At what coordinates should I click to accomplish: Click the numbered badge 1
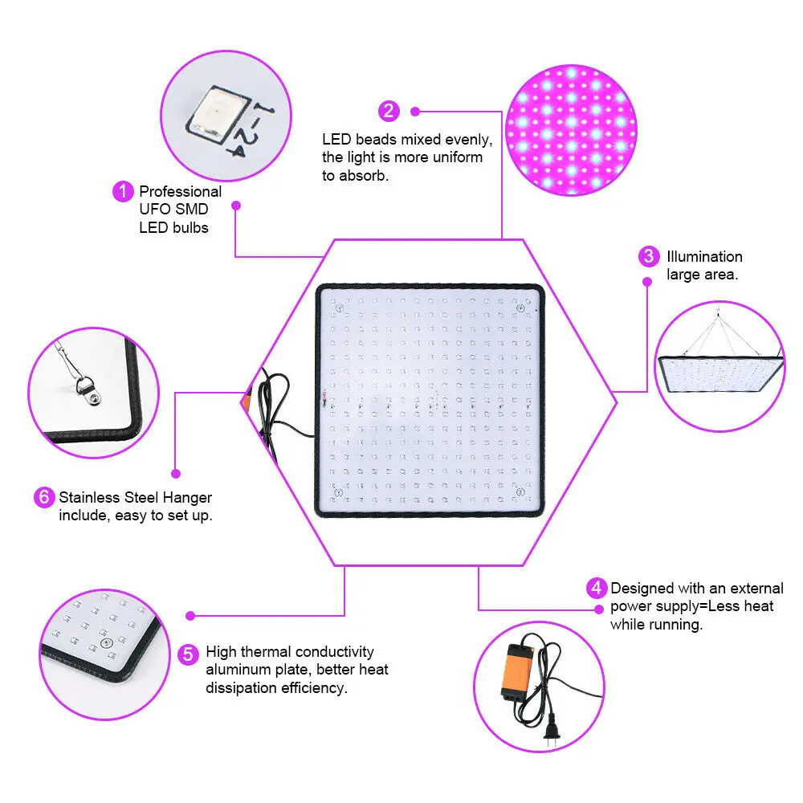122,192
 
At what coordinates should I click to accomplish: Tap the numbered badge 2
389,111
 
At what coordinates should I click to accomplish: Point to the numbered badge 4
597,589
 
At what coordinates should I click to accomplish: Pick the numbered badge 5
188,654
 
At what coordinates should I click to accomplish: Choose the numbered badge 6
43,497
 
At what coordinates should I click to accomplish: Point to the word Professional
180,192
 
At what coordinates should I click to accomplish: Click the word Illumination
704,257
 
